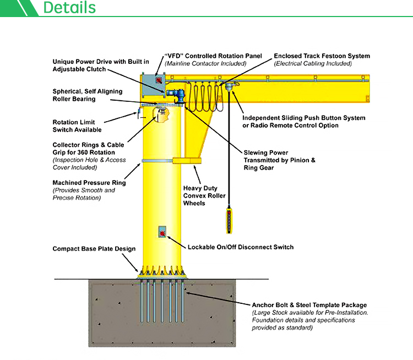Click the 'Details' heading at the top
pos(69,8)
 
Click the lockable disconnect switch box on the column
pos(163,232)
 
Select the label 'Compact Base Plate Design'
pos(94,249)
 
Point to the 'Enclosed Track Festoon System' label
pos(322,56)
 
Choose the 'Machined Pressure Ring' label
pos(89,183)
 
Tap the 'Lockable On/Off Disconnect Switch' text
pos(241,247)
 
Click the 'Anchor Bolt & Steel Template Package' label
pos(309,305)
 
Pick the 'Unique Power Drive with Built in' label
pos(101,62)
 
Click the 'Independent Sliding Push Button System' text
pos(304,118)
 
